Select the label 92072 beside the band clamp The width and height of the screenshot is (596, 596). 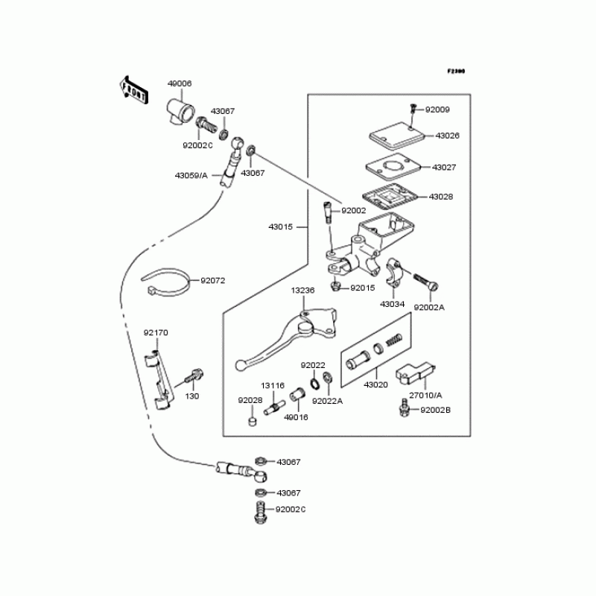212,281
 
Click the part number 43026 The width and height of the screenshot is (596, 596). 447,136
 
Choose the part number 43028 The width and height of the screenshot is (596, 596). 440,197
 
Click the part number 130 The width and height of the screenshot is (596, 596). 192,396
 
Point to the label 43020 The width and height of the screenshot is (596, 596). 375,384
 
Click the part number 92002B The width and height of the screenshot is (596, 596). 436,410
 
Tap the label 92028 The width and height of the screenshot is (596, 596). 250,400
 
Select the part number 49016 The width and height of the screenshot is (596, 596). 296,417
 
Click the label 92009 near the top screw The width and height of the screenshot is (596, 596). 437,110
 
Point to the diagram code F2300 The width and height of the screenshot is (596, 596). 456,72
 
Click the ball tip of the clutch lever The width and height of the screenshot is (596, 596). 240,364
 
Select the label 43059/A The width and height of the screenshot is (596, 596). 191,176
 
